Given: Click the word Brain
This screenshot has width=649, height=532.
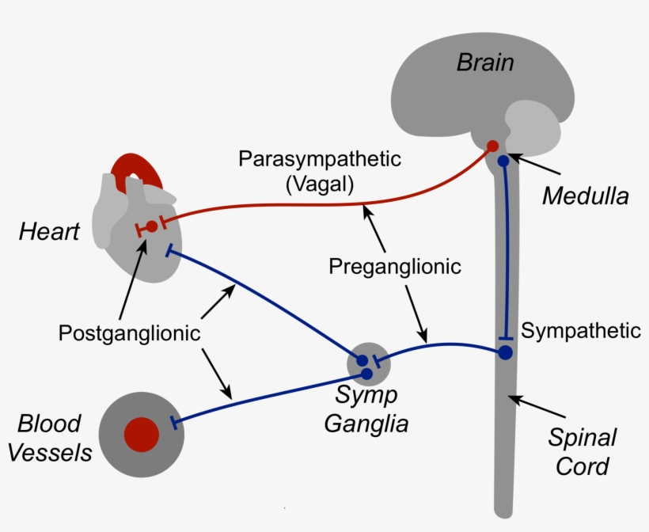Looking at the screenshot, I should [x=484, y=63].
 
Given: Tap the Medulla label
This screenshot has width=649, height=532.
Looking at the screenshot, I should [x=585, y=195].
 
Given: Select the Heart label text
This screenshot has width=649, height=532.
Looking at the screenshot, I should [x=50, y=232].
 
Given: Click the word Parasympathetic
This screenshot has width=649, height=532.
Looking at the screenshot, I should [x=320, y=158].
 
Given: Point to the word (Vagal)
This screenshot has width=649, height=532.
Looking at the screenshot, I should [x=320, y=184].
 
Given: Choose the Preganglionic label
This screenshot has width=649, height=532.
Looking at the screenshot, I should [x=395, y=266].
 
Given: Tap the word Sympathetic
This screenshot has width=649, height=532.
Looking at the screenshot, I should [x=581, y=330].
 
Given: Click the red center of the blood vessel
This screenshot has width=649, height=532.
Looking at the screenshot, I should [x=142, y=434].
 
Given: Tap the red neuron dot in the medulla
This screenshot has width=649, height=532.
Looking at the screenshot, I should [x=491, y=146].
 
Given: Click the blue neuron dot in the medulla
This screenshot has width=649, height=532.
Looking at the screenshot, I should [x=503, y=161].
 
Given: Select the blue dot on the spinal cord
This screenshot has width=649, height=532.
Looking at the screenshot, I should [x=505, y=352].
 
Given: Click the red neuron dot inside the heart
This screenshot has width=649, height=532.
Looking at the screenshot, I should [x=151, y=226].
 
